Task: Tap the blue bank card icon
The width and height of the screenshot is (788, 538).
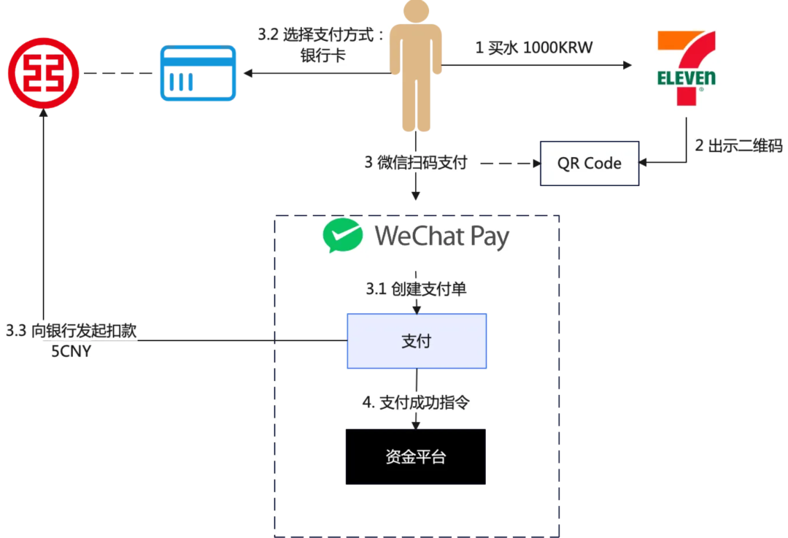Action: pyautogui.click(x=198, y=73)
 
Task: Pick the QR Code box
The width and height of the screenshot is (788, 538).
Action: pyautogui.click(x=589, y=163)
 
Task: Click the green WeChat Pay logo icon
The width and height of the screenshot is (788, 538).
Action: pyautogui.click(x=343, y=236)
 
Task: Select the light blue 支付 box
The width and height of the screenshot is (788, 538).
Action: pyautogui.click(x=416, y=341)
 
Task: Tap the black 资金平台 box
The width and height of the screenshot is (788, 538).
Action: pyautogui.click(x=415, y=457)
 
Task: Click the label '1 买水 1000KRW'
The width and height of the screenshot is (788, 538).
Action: pyautogui.click(x=533, y=48)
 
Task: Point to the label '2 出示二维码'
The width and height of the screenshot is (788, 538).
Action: pyautogui.click(x=738, y=145)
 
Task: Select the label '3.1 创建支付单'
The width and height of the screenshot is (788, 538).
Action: pyautogui.click(x=416, y=289)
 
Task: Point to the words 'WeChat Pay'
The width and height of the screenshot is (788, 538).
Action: pyautogui.click(x=441, y=237)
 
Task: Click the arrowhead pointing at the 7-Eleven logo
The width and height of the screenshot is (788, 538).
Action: pyautogui.click(x=627, y=66)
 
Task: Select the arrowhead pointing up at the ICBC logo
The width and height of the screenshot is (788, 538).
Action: pyautogui.click(x=43, y=114)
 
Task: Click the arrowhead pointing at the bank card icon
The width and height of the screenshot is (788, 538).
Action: pyautogui.click(x=248, y=73)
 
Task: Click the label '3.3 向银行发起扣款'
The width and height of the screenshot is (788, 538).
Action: pyautogui.click(x=72, y=331)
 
